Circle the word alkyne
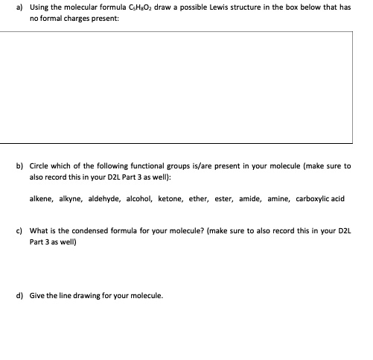(72, 199)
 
